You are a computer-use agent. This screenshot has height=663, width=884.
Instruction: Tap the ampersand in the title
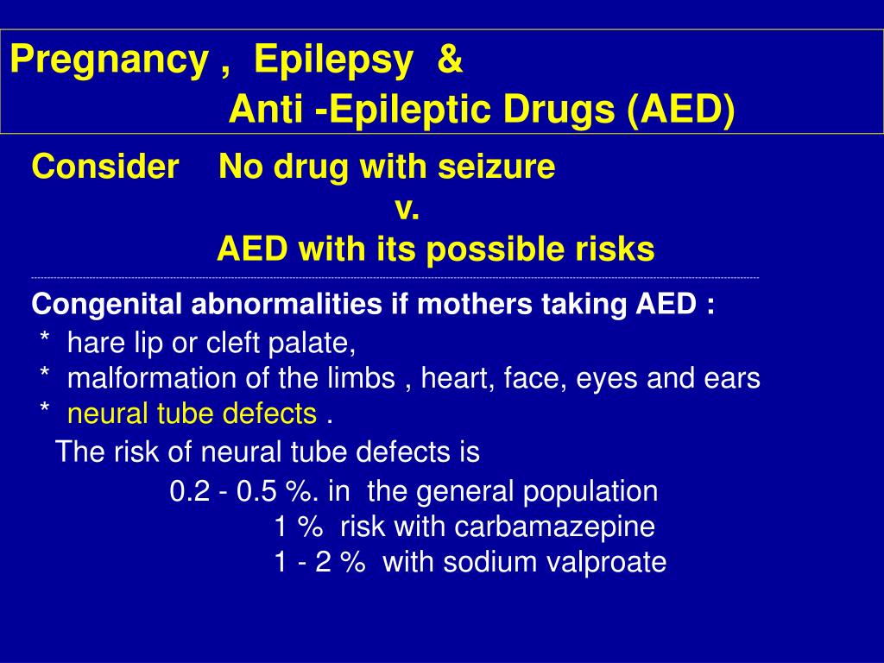(450, 60)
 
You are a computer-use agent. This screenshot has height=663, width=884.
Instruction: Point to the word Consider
(104, 167)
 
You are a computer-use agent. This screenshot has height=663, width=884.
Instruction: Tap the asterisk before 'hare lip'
(44, 343)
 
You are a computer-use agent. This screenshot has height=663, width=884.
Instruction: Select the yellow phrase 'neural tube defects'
(192, 414)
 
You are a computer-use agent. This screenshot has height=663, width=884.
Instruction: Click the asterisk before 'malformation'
(44, 377)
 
